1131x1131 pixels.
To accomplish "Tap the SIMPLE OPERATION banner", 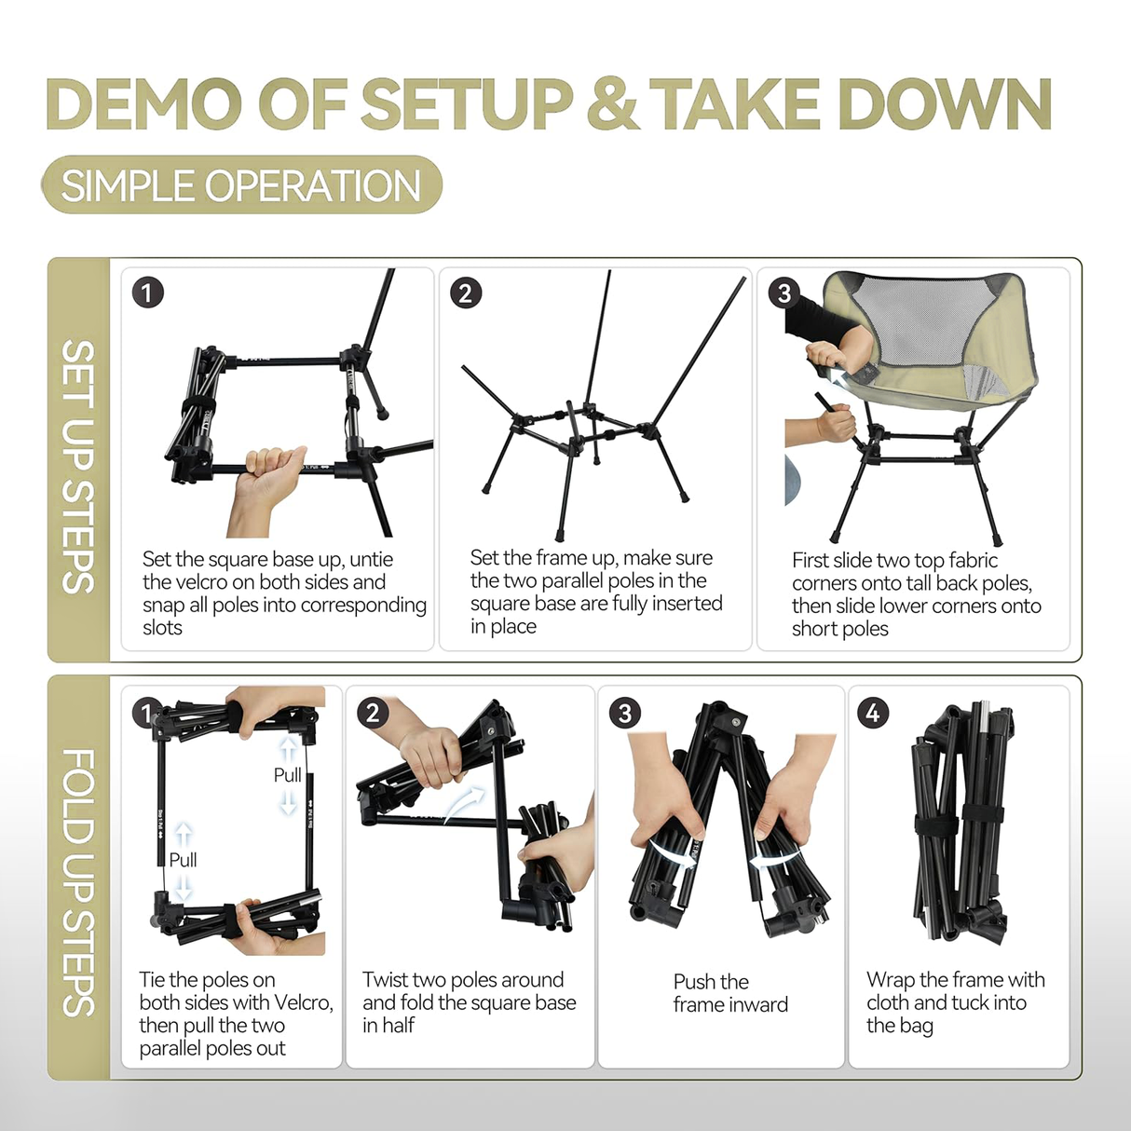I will (241, 185).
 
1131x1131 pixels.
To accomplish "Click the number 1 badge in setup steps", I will (147, 293).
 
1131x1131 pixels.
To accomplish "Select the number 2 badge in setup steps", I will (466, 293).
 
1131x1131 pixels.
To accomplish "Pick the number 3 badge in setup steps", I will (784, 293).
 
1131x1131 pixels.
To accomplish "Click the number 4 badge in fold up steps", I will (873, 714).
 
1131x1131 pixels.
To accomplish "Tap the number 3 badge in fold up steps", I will (624, 714).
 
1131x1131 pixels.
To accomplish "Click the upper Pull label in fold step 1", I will (287, 775).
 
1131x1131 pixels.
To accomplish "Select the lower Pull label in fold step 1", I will (183, 860).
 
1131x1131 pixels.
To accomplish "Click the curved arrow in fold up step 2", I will (466, 803).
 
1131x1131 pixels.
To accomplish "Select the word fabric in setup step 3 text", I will (972, 560).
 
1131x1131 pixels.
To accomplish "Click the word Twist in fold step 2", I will (385, 980).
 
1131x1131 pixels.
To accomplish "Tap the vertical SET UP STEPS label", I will (78, 466).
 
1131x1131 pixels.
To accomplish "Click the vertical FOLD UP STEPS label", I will (78, 881).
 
